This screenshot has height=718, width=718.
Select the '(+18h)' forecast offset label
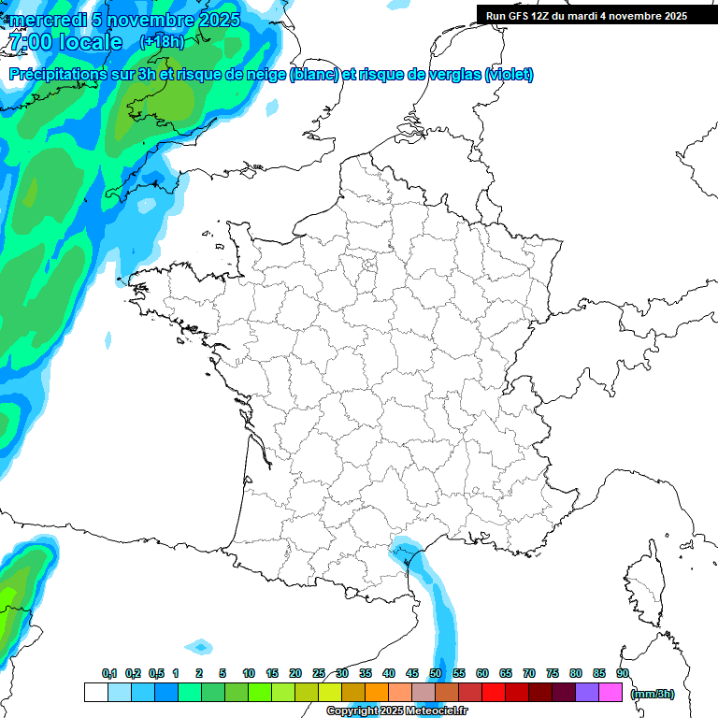pyautogui.click(x=162, y=42)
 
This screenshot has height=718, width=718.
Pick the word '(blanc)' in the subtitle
pyautogui.click(x=313, y=75)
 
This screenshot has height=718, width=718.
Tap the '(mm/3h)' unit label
pyautogui.click(x=653, y=693)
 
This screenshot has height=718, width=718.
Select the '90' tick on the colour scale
pyautogui.click(x=623, y=673)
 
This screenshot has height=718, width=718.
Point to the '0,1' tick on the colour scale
pyautogui.click(x=109, y=673)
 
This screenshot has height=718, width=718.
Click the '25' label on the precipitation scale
pyautogui.click(x=319, y=673)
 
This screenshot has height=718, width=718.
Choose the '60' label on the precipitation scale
pyautogui.click(x=482, y=673)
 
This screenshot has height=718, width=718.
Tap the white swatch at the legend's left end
pyautogui.click(x=95, y=692)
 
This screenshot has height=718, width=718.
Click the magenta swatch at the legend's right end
pyautogui.click(x=610, y=692)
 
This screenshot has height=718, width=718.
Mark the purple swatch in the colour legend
pyautogui.click(x=587, y=692)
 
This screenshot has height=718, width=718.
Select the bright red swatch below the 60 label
pyautogui.click(x=494, y=692)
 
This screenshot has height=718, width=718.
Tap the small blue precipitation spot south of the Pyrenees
pyautogui.click(x=199, y=646)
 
